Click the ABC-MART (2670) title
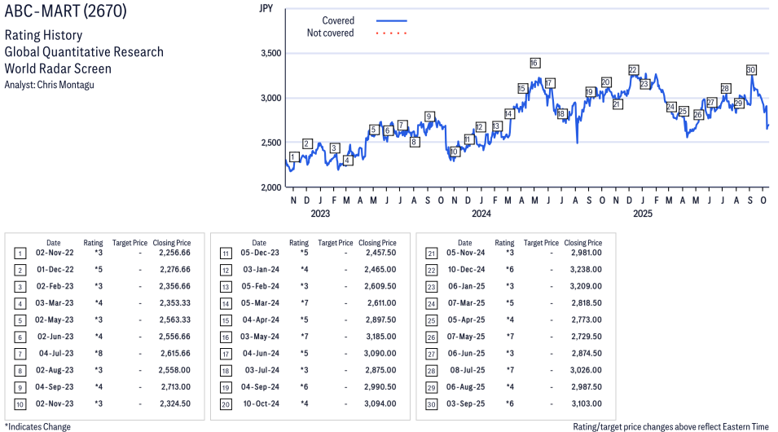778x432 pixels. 65,13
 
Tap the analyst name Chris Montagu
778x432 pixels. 49,85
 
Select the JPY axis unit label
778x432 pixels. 265,9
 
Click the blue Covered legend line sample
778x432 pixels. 391,20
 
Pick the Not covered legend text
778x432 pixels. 330,33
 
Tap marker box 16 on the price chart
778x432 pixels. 534,63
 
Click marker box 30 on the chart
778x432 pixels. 751,70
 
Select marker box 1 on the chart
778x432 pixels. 293,156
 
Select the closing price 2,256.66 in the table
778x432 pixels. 174,253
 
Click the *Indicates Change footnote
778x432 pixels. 37,426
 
